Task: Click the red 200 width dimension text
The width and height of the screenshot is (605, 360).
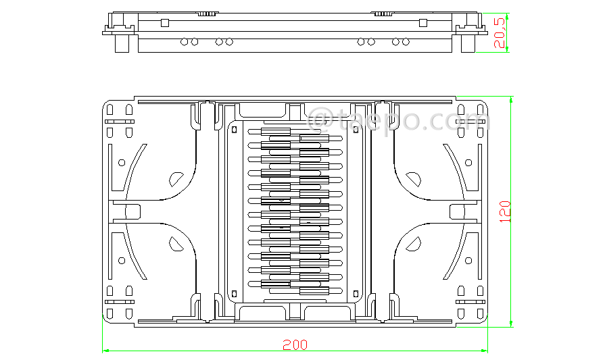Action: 295,344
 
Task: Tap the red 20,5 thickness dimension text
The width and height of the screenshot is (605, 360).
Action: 500,32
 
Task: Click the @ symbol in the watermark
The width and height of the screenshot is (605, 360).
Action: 320,121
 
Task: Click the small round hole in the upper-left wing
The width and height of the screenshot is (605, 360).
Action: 122,162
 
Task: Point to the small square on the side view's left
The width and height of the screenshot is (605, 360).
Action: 164,23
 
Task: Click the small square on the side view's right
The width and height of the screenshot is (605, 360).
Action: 423,23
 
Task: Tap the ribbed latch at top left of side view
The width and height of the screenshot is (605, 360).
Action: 208,13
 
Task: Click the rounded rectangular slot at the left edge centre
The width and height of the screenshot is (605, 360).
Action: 132,211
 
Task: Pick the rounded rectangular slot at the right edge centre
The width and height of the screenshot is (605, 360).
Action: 458,211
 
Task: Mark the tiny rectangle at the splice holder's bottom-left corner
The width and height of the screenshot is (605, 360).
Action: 235,293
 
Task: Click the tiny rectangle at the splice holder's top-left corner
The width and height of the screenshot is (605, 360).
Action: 235,129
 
